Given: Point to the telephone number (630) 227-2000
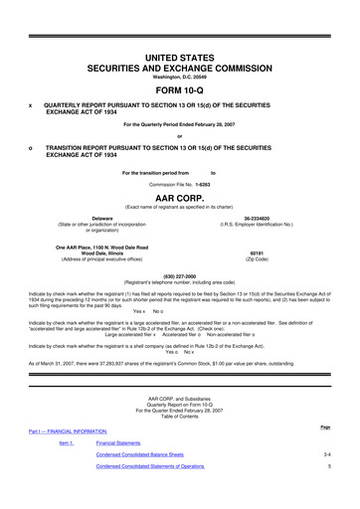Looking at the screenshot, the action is (x=180, y=276).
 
